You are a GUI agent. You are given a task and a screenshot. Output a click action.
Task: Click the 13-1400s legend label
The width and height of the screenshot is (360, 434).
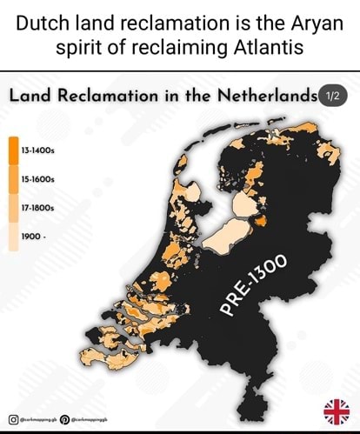[39, 150]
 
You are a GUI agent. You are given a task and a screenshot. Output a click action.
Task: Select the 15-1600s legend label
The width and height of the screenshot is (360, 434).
[39, 179]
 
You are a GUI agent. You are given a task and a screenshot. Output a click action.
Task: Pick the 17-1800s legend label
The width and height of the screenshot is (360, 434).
[39, 208]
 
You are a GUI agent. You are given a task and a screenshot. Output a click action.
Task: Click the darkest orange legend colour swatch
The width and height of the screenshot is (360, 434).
[14, 150]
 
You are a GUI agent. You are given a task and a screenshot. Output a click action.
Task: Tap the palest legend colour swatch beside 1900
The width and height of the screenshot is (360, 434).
[14, 236]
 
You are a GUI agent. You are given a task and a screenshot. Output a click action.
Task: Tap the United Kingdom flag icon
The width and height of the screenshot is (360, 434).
[337, 411]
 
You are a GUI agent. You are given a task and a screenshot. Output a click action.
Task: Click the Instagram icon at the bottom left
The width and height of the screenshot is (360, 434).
[12, 419]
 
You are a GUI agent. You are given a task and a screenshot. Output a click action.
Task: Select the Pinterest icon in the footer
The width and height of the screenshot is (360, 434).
[64, 419]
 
